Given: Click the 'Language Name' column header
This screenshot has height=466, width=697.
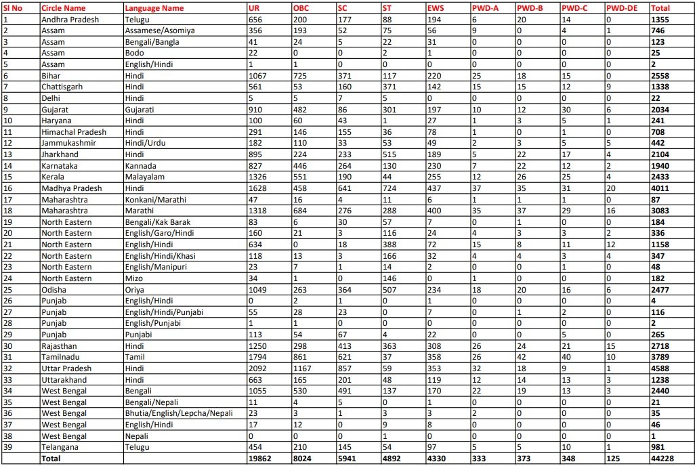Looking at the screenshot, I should click(x=154, y=8).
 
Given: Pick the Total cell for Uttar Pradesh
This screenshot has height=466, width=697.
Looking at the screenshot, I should click(x=660, y=368).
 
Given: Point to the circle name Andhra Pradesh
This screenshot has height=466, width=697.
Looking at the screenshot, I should click(x=70, y=20).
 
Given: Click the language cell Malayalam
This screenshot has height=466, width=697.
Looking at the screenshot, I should click(x=141, y=177).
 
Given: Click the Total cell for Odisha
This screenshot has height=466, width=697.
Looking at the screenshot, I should click(x=660, y=290).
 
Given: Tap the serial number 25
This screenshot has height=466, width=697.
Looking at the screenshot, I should click(x=7, y=290).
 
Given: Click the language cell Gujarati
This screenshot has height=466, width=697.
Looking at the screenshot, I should click(x=139, y=110).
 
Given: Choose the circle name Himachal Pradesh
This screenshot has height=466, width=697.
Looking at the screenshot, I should click(x=73, y=132).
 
